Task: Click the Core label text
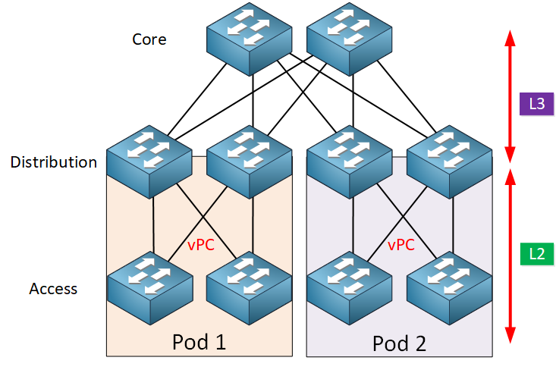[149, 39]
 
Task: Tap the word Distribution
[54, 162]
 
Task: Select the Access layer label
[53, 289]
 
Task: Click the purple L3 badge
[536, 104]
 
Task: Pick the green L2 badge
[537, 254]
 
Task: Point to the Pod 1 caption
[199, 342]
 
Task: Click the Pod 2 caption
[399, 343]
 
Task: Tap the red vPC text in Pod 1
[201, 245]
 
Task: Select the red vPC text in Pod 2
[401, 245]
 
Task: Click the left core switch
[250, 39]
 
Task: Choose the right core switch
[349, 39]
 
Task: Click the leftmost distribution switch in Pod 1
[149, 162]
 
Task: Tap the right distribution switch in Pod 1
[250, 162]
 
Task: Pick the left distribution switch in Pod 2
[349, 162]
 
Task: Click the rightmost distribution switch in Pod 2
[449, 162]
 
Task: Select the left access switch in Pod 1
[150, 288]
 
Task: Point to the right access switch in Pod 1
[250, 288]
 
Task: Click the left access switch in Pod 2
[349, 288]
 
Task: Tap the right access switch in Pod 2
[449, 288]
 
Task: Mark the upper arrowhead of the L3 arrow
[510, 37]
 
